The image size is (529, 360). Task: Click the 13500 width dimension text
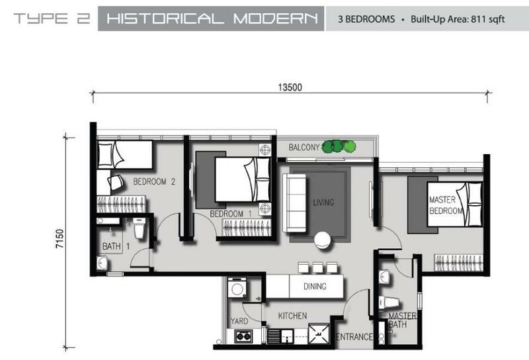[290, 87]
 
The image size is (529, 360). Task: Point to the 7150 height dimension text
[60, 239]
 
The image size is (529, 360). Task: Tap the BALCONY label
[304, 147]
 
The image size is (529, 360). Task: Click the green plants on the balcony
[339, 146]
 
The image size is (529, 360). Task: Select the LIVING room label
[323, 202]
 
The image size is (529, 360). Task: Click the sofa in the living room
[294, 202]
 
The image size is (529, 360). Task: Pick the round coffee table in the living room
[322, 240]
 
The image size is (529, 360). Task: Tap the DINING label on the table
[315, 287]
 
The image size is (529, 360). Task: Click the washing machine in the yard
[237, 288]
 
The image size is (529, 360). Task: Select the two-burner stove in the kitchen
[243, 336]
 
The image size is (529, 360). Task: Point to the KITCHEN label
[292, 316]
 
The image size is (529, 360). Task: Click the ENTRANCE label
[354, 337]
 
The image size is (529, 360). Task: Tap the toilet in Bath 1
[139, 228]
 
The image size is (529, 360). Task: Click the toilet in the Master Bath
[389, 302]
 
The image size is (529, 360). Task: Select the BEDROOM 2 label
[154, 182]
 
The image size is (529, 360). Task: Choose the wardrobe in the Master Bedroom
[458, 263]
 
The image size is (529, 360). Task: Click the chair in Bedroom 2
[115, 183]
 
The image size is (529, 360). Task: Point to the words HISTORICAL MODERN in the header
[212, 19]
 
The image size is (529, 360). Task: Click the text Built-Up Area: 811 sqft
[458, 19]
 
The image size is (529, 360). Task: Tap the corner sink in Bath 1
[102, 263]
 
